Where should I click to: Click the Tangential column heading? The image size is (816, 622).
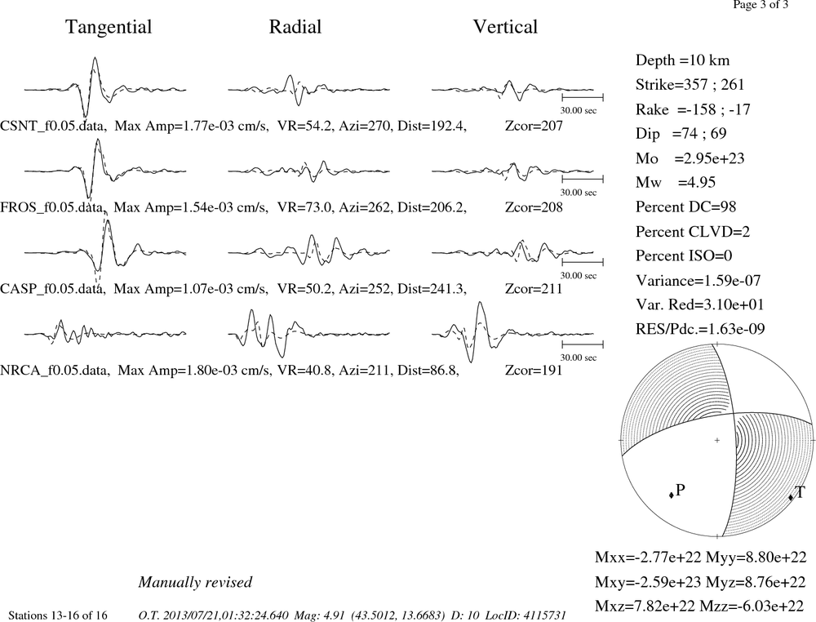click(109, 27)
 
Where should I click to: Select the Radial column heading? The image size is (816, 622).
click(295, 27)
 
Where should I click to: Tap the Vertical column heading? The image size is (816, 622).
click(505, 27)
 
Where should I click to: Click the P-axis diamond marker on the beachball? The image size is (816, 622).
click(672, 495)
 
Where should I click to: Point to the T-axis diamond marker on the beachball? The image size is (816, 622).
click(791, 497)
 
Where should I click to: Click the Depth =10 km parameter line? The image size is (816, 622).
click(682, 60)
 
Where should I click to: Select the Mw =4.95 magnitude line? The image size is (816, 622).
click(676, 183)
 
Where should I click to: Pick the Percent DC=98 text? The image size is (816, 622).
click(686, 207)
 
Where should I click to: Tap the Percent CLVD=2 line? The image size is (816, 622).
click(693, 232)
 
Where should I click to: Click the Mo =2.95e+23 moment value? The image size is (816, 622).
click(690, 158)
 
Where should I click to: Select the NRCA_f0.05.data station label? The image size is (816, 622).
click(55, 371)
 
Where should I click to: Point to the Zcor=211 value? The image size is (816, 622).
click(534, 289)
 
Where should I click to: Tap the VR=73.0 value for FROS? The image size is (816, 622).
click(304, 207)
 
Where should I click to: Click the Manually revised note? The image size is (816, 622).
click(195, 582)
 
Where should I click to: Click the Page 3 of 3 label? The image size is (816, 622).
click(761, 5)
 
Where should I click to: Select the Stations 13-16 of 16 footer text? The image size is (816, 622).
click(58, 615)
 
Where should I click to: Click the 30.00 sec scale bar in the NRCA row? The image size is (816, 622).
click(583, 344)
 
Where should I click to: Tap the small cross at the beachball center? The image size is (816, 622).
click(717, 440)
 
